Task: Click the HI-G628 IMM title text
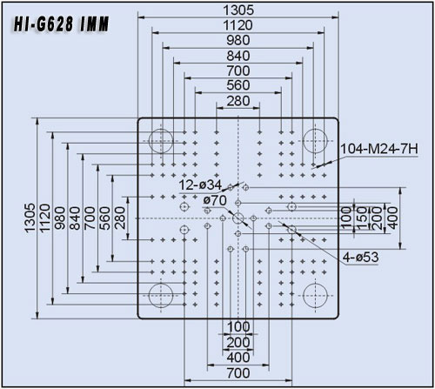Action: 61,23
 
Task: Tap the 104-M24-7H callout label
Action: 379,149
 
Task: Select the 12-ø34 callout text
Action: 200,185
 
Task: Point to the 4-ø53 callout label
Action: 360,257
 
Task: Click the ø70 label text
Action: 215,200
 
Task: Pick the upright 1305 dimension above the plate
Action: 238,10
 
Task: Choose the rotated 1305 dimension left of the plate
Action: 30,218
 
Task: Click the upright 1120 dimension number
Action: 238,25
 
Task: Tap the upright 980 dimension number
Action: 238,40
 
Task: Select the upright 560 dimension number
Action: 238,85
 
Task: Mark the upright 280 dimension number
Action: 238,101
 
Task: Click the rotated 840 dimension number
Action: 75,218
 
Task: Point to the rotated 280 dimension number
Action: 120,218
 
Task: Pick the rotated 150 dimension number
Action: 362,218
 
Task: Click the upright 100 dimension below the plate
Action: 238,327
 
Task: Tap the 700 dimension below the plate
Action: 238,373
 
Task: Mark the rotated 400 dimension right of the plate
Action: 392,218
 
